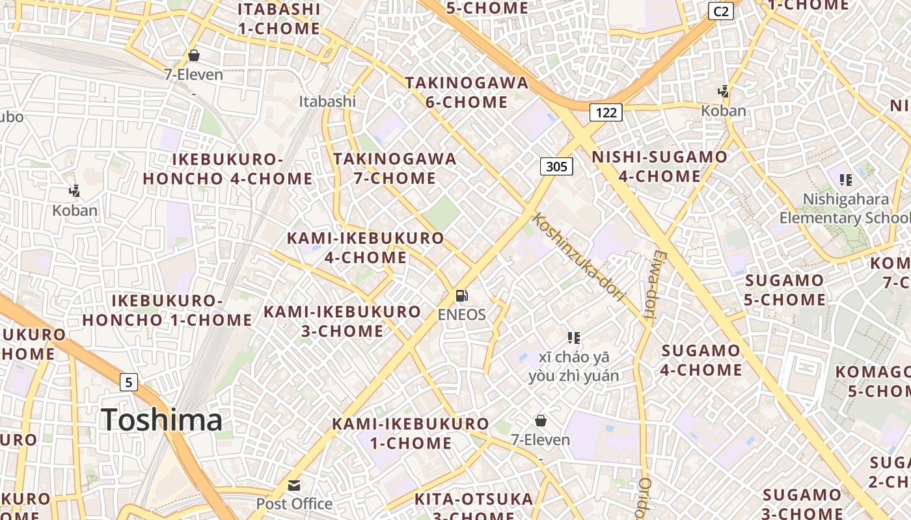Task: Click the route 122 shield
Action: click(x=606, y=112)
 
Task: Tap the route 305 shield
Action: click(x=556, y=166)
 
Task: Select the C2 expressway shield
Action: click(x=721, y=11)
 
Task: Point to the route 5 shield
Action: click(x=129, y=382)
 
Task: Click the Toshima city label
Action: click(x=161, y=419)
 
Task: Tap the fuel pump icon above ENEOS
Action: click(x=462, y=296)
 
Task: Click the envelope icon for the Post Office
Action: click(x=295, y=486)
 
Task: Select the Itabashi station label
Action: click(x=327, y=101)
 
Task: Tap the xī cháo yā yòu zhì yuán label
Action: click(x=573, y=366)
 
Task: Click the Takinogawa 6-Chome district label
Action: click(x=467, y=92)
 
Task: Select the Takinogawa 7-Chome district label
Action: click(x=395, y=168)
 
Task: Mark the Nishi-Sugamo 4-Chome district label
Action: click(x=659, y=166)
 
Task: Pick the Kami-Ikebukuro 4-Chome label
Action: click(x=365, y=248)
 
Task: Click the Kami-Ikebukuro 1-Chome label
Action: click(x=410, y=434)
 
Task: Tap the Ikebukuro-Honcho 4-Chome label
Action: click(x=228, y=169)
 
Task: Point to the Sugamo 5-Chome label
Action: click(x=785, y=290)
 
